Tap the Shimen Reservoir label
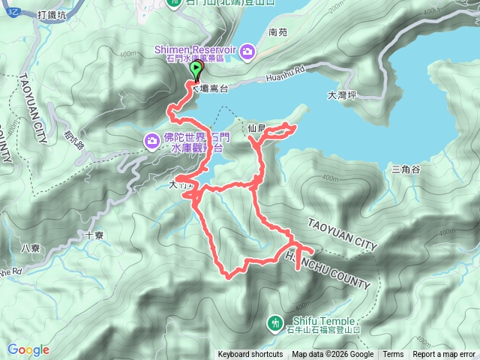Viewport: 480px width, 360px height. pyautogui.click(x=195, y=50)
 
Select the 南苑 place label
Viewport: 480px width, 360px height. pyautogui.click(x=277, y=32)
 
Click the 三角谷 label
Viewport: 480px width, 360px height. pyautogui.click(x=406, y=170)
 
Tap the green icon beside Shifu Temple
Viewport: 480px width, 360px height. pyautogui.click(x=274, y=323)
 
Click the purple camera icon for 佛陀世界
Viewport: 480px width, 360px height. pyautogui.click(x=151, y=139)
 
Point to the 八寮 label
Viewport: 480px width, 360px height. pyautogui.click(x=30, y=248)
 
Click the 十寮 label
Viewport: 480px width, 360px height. pyautogui.click(x=94, y=235)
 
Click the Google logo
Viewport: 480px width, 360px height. pyautogui.click(x=28, y=349)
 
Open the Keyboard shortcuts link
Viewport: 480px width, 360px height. pyautogui.click(x=250, y=355)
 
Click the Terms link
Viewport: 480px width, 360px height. pyautogui.click(x=392, y=355)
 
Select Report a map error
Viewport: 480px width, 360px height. pyautogui.click(x=444, y=355)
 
